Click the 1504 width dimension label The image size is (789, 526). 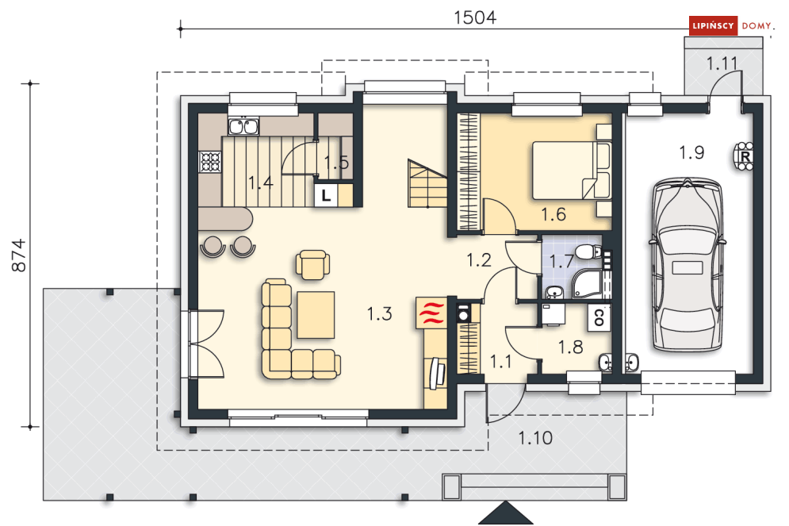[x=475, y=17]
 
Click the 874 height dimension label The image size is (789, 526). [x=18, y=255]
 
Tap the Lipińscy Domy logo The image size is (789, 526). [x=730, y=25]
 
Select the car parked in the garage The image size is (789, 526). [x=688, y=265]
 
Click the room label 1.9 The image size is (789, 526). [x=692, y=152]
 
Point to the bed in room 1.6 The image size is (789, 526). [x=572, y=170]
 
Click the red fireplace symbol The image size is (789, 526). [x=431, y=313]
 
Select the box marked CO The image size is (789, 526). [x=599, y=317]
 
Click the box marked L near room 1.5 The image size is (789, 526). [x=326, y=195]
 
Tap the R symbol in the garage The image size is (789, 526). [x=745, y=157]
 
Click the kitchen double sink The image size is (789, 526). [x=244, y=126]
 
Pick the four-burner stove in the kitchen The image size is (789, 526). [x=210, y=162]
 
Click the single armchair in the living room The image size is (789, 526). [x=313, y=264]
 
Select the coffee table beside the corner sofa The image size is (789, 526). [x=316, y=315]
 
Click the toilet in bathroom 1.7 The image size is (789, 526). [x=588, y=251]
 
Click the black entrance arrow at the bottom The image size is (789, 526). [x=506, y=513]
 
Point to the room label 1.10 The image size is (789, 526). [x=535, y=438]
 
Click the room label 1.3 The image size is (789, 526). [x=379, y=313]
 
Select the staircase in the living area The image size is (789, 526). [x=427, y=184]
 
